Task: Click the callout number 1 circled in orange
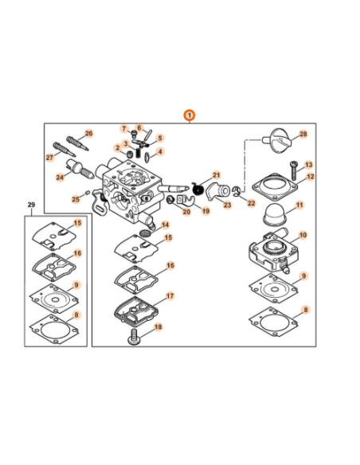[x=189, y=115]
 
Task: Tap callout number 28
[x=303, y=135]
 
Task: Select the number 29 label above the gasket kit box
[x=31, y=205]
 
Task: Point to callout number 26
[x=89, y=134]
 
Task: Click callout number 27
[x=49, y=158]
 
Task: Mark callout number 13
[x=308, y=164]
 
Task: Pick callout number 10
[x=302, y=236]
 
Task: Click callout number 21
[x=216, y=174]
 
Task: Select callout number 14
[x=165, y=225]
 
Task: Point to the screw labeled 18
[x=135, y=340]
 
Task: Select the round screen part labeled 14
[x=145, y=232]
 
